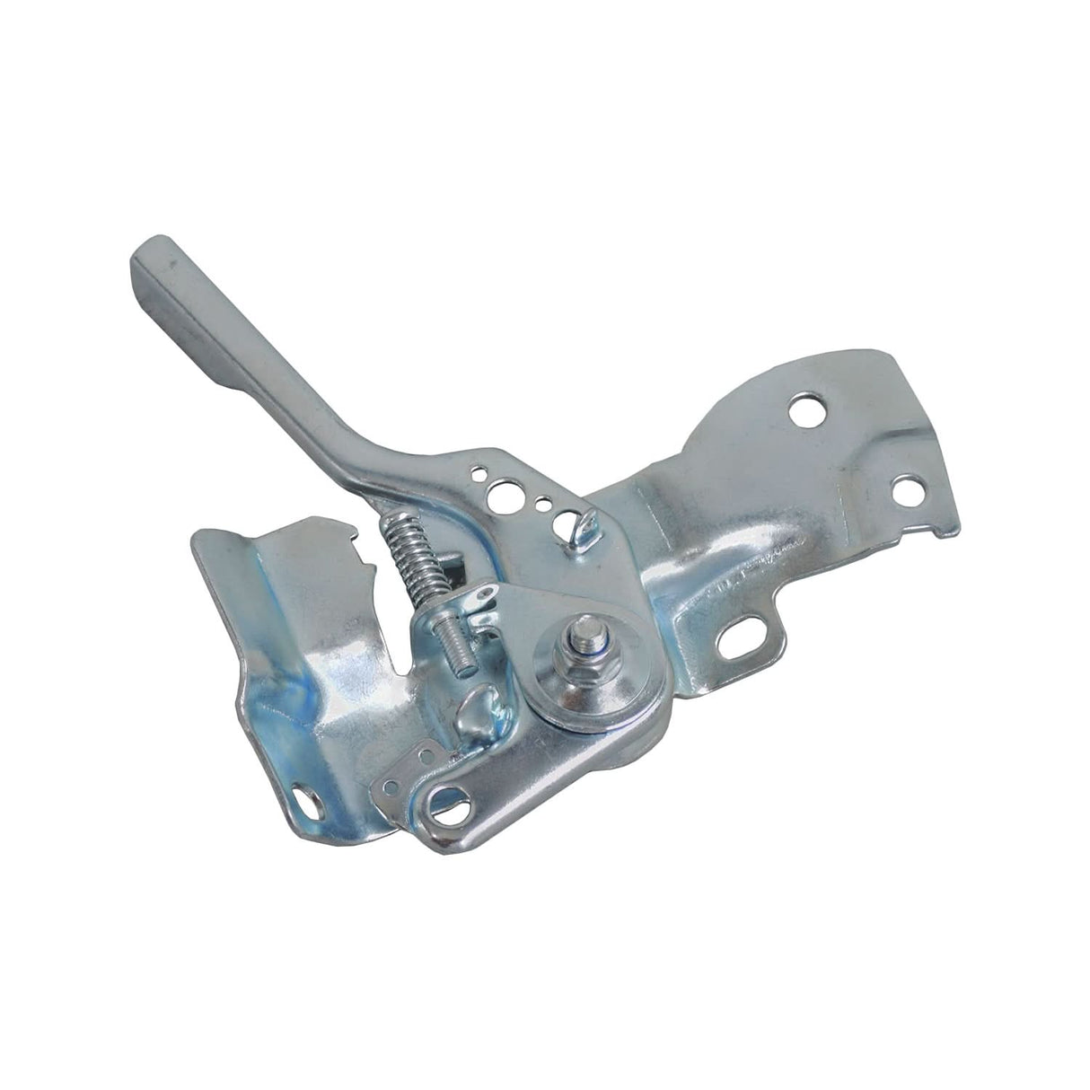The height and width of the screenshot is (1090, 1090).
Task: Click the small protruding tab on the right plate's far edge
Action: [x=943, y=530]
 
